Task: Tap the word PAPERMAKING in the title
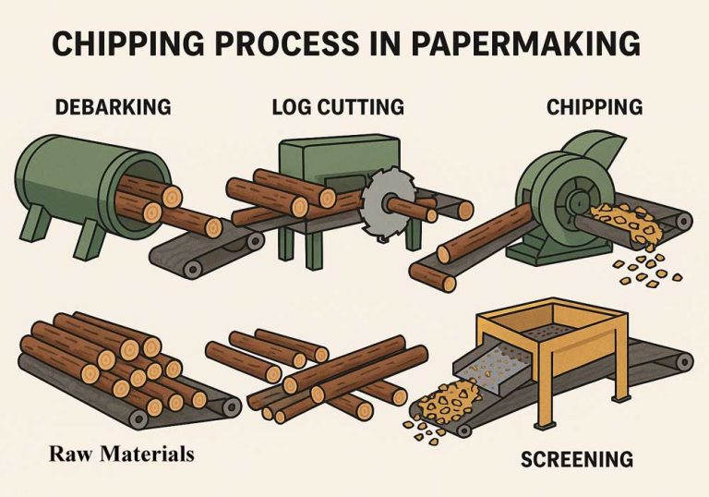pos(535,43)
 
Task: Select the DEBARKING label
pos(114,106)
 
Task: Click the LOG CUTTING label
pos(338,106)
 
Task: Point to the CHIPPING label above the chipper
pos(595,106)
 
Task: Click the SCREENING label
pos(576,459)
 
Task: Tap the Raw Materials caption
pos(123,454)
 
